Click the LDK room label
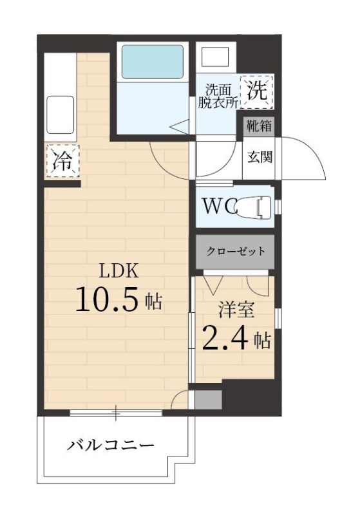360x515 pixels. pyautogui.click(x=118, y=270)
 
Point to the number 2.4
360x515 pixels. pyautogui.click(x=225, y=338)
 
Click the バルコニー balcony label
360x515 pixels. pyautogui.click(x=110, y=445)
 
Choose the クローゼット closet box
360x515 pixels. pyautogui.click(x=235, y=251)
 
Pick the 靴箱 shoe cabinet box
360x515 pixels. pyautogui.click(x=258, y=126)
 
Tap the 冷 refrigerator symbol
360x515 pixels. pyautogui.click(x=62, y=162)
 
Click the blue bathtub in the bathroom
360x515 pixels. pyautogui.click(x=153, y=64)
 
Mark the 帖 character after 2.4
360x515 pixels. pyautogui.click(x=261, y=339)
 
